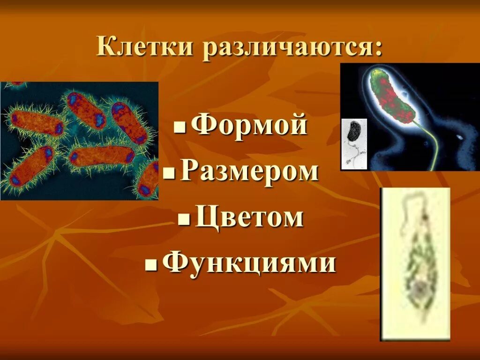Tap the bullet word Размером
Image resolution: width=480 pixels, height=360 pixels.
coord(249,172)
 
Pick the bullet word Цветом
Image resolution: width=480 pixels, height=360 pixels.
coord(249,217)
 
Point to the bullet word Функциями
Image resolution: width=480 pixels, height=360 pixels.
coord(249,263)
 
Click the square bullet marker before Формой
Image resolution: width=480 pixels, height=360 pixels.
coord(178,128)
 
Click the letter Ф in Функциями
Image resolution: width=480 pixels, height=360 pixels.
coord(175,263)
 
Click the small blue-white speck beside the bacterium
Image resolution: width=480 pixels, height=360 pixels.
coord(460,137)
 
